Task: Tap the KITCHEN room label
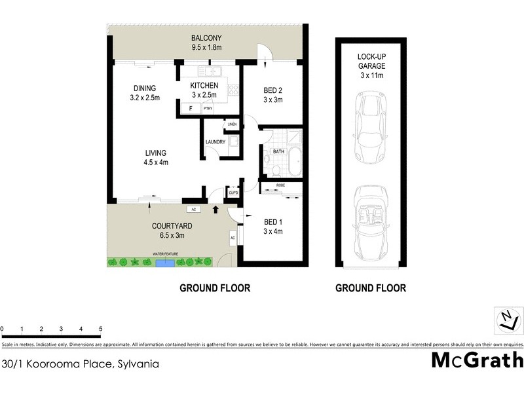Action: click(x=204, y=86)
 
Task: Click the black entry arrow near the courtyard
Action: click(x=216, y=209)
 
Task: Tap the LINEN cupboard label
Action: click(x=231, y=124)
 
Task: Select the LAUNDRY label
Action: click(x=215, y=142)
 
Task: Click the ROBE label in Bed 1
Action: click(x=280, y=186)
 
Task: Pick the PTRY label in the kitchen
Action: click(x=208, y=109)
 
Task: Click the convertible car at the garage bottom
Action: click(x=371, y=219)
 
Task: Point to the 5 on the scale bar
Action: click(x=100, y=328)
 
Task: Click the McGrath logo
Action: click(x=477, y=361)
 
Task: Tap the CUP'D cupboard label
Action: click(x=233, y=193)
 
